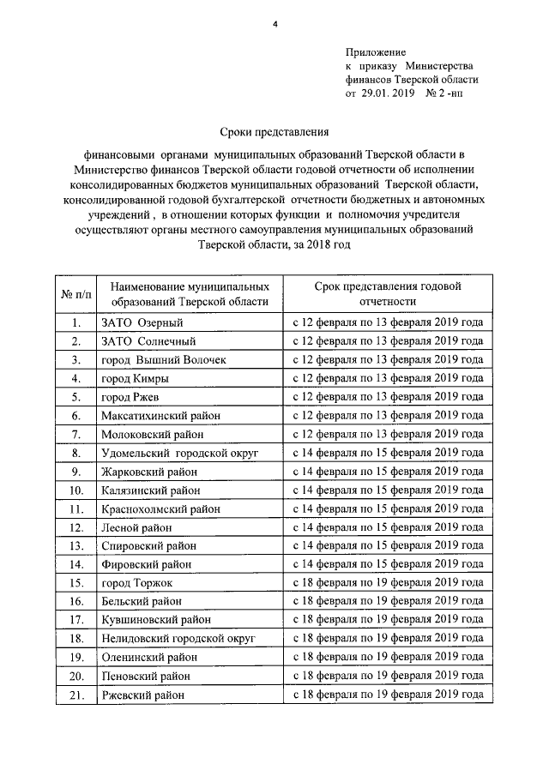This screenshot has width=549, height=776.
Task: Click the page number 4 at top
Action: (x=275, y=24)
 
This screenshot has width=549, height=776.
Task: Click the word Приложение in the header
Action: (x=376, y=52)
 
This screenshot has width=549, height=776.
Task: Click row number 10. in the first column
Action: (x=75, y=490)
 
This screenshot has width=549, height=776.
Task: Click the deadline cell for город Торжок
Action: (x=388, y=583)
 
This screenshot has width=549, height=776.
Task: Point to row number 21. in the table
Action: (x=75, y=695)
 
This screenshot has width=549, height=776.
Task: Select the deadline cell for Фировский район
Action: (x=388, y=564)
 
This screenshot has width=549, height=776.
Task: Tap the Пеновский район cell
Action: (x=142, y=676)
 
